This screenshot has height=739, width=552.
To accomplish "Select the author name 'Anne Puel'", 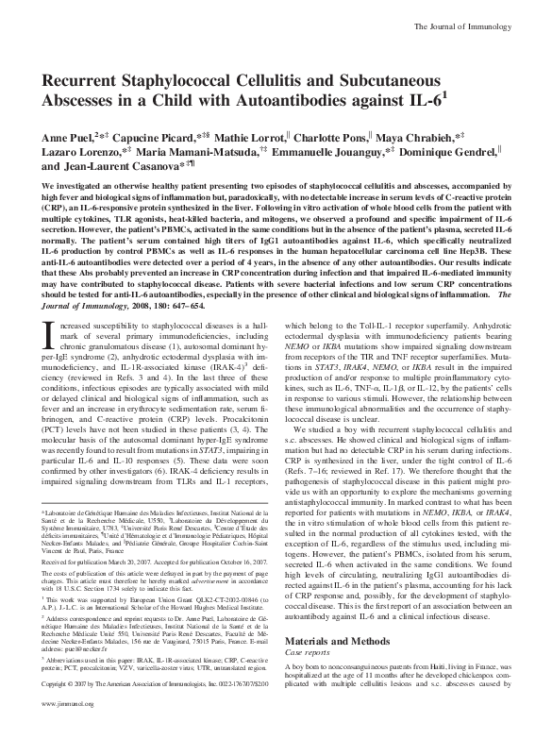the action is [64, 110].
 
